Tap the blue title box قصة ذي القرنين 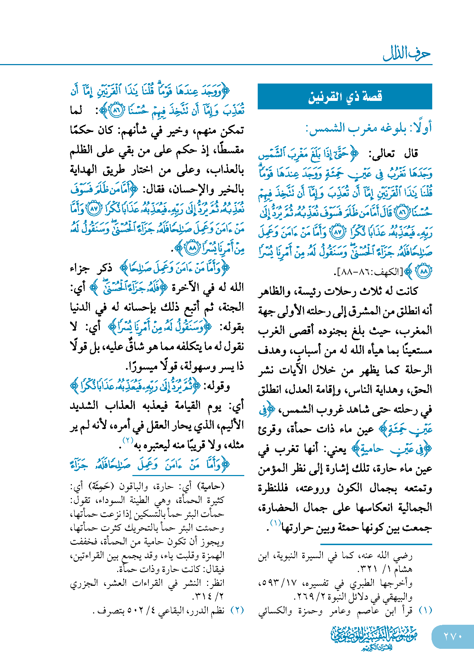click(345, 96)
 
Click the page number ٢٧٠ click(453, 636)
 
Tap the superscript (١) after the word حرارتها click(275, 523)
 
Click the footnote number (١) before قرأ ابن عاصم click(425, 610)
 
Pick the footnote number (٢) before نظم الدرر click(237, 610)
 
